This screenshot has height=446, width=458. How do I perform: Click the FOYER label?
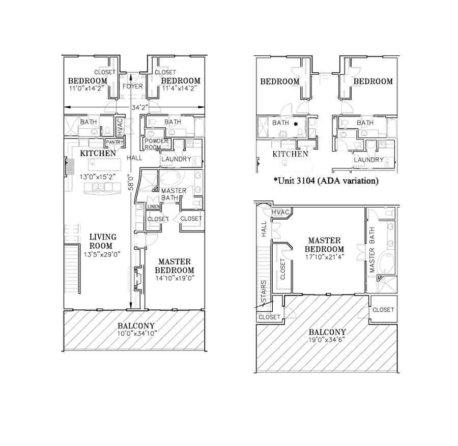[133, 86]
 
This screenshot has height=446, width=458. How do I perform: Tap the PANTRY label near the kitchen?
[114, 142]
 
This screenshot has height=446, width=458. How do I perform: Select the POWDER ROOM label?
[156, 144]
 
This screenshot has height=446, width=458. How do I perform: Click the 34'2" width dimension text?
[139, 108]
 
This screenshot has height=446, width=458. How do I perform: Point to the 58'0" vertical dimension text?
[131, 183]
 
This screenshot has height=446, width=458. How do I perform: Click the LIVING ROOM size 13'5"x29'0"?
[102, 254]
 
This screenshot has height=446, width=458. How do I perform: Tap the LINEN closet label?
[154, 206]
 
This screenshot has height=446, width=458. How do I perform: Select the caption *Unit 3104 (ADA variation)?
[326, 181]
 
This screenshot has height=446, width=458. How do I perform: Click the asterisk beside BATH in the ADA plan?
[296, 124]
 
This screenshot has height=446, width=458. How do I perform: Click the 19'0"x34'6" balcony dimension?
[327, 340]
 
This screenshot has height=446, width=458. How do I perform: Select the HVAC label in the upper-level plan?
[280, 212]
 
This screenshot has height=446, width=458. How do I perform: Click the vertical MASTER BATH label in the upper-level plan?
[372, 250]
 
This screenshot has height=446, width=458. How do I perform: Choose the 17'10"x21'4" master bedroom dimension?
[325, 257]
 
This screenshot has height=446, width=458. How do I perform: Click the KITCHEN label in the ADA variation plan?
[290, 154]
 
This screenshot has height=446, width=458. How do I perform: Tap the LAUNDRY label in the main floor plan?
[176, 159]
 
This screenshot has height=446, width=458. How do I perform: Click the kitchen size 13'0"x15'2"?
[98, 177]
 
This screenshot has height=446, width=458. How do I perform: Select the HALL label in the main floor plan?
[134, 158]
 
